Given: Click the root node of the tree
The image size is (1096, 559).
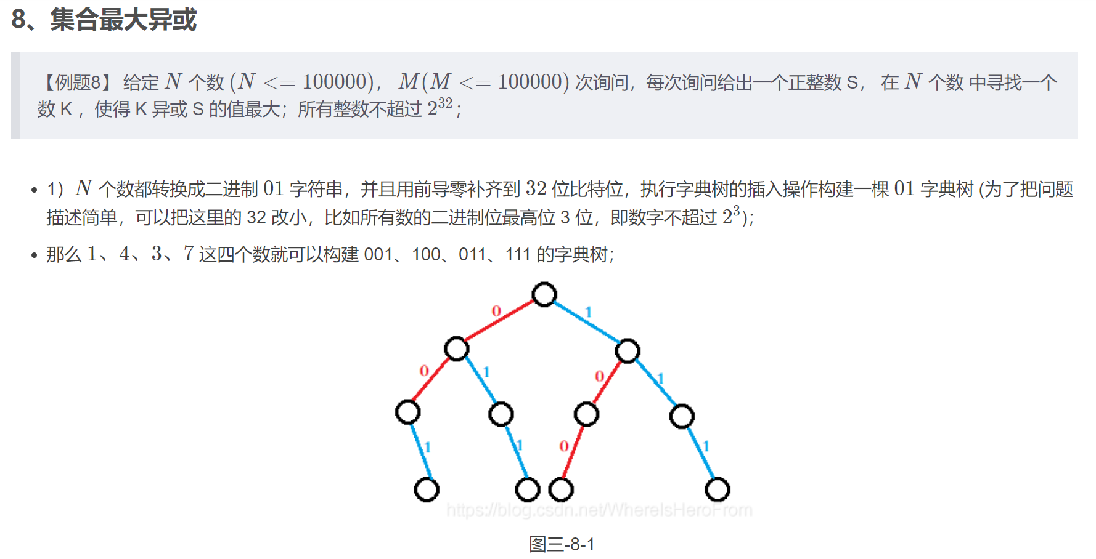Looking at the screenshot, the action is click(544, 294).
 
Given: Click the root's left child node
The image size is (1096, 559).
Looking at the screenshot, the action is click(457, 348).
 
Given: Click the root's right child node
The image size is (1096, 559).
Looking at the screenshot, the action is click(628, 351).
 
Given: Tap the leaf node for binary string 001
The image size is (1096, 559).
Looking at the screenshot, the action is click(427, 489).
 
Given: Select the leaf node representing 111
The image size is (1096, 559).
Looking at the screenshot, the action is click(717, 489).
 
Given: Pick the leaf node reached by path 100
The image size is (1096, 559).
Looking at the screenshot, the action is click(561, 489).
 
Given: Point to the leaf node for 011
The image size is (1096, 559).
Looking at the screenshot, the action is click(527, 489).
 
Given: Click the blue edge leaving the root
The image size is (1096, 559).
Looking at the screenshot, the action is click(586, 322).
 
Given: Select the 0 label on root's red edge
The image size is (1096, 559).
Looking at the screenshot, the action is click(496, 311).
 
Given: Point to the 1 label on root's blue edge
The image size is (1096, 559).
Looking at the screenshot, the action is click(589, 312).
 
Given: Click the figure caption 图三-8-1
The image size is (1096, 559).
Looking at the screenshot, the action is click(562, 544).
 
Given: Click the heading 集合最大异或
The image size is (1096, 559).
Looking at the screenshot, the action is click(123, 20).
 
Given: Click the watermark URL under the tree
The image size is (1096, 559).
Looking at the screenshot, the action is click(599, 510).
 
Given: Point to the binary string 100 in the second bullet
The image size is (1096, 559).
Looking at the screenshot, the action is click(426, 254).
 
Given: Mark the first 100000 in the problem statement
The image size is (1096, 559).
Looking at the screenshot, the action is click(335, 82).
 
